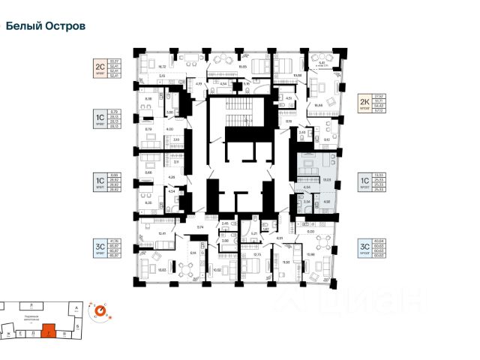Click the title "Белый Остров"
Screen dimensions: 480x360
46,25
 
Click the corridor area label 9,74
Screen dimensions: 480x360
201,226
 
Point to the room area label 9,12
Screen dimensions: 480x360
327,139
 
